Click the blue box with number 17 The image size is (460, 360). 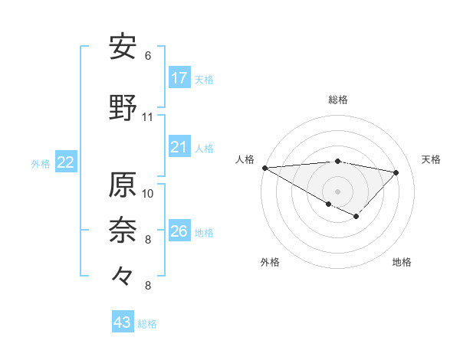(x=179, y=78)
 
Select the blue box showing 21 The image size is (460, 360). (x=179, y=147)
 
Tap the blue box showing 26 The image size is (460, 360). (x=179, y=231)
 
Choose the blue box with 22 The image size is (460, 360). (x=66, y=162)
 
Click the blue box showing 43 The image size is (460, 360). (x=123, y=322)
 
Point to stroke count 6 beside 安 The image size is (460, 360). (x=148, y=56)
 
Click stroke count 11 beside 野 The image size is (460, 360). (x=148, y=117)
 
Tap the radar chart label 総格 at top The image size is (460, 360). (x=338, y=100)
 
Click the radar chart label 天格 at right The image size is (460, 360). (x=432, y=159)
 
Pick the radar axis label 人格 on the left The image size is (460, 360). (x=245, y=159)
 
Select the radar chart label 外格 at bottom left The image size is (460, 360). (x=270, y=262)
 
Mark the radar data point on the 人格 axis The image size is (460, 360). (x=264, y=167)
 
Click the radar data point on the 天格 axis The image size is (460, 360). (x=396, y=172)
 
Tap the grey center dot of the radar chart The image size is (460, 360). (x=337, y=191)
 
